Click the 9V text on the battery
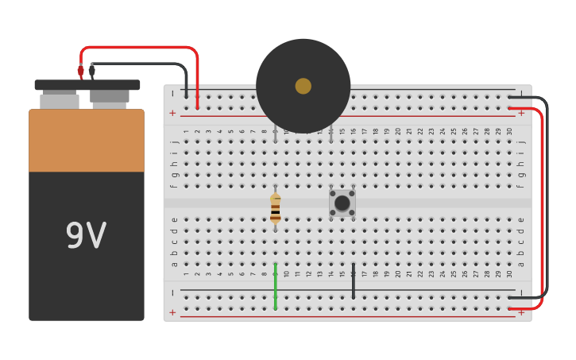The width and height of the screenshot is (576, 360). (x=86, y=236)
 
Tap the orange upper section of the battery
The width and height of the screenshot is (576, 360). (x=87, y=141)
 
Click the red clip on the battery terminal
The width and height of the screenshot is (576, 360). (x=80, y=72)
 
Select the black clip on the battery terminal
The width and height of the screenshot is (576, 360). (x=92, y=72)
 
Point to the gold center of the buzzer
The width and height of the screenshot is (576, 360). (x=303, y=86)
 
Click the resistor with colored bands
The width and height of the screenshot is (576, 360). (x=275, y=208)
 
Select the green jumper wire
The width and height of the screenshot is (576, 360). (x=276, y=285)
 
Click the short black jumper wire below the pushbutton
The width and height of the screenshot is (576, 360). (x=354, y=281)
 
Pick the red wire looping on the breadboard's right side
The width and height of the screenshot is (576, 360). (x=542, y=207)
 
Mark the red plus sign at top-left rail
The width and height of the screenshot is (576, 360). (x=172, y=113)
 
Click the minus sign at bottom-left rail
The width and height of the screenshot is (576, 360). (x=172, y=292)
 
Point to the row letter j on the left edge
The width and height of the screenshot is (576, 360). (x=174, y=142)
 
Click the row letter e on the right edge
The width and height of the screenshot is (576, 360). (x=521, y=220)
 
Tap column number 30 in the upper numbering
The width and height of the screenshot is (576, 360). (x=509, y=131)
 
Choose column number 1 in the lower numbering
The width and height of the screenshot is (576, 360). (x=187, y=274)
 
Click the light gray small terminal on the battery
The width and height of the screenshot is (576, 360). (x=60, y=101)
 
